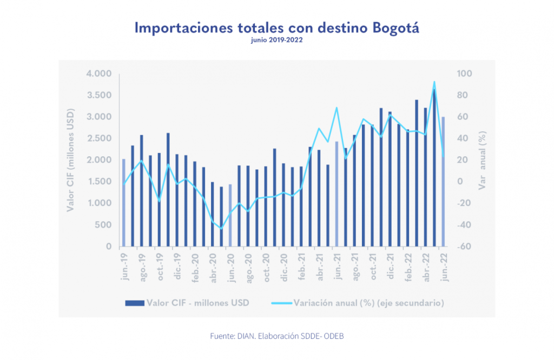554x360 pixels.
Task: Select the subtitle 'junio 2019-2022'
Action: [276, 41]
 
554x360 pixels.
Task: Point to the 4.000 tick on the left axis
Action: [98, 74]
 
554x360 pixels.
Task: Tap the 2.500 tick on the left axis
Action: [98, 138]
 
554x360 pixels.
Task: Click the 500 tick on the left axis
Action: [103, 225]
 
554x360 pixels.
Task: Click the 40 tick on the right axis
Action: [463, 138]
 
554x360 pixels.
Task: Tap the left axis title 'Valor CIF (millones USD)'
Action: [70, 160]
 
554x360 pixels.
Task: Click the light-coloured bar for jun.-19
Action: [123, 203]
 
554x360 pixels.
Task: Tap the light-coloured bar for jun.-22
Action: [443, 181]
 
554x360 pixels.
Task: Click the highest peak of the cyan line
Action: [434, 82]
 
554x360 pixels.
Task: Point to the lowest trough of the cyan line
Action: [221, 229]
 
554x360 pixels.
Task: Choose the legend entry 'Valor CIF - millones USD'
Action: [187, 303]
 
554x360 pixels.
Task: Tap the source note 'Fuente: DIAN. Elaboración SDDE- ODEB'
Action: [276, 336]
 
